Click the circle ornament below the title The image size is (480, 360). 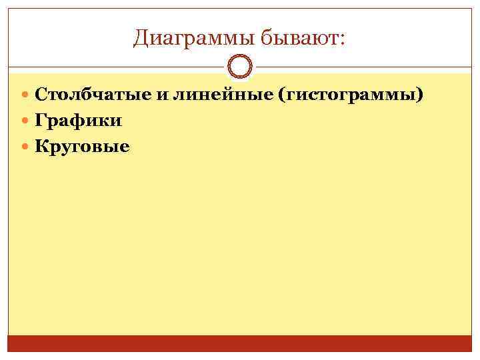pos(239,67)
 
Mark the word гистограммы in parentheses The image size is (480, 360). pos(351,95)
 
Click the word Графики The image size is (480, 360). pos(78,120)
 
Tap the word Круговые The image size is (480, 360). pos(82,145)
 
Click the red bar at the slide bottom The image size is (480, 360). pos(240,343)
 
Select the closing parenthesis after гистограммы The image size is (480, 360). pos(419,95)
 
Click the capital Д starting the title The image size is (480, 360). pos(141,39)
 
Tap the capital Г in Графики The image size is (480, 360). pos(41,120)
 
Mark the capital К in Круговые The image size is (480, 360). pos(41,145)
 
